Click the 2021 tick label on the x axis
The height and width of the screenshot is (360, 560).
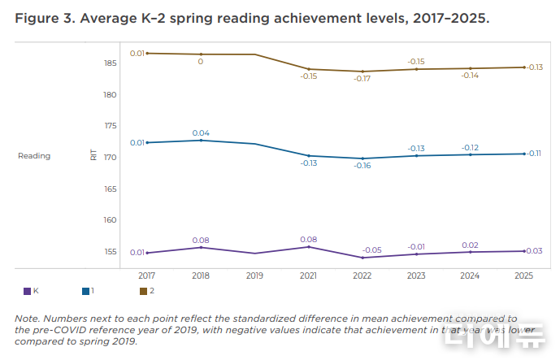pos(309,275)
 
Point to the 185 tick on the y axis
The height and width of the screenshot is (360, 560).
pos(111,63)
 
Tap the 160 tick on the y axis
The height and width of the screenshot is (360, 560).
pos(111,220)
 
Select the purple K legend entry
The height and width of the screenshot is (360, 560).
pos(32,291)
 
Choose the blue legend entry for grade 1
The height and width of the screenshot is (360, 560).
pos(89,291)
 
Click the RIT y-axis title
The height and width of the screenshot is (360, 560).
pos(93,155)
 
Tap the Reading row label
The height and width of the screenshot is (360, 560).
pos(34,156)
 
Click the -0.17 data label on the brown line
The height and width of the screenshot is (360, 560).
pos(362,79)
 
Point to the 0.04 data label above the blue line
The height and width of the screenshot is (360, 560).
pos(201,132)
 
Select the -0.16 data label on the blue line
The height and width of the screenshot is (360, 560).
pos(362,166)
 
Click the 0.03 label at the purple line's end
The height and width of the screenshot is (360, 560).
pos(535,250)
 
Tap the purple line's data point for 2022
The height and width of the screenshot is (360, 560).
pos(362,258)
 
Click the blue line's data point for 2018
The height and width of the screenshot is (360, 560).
pos(201,141)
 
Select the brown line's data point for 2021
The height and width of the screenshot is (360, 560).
pos(309,69)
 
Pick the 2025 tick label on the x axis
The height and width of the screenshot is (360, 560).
pos(524,275)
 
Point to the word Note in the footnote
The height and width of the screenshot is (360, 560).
pos(28,318)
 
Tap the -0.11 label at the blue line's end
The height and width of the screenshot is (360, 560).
pos(535,154)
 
